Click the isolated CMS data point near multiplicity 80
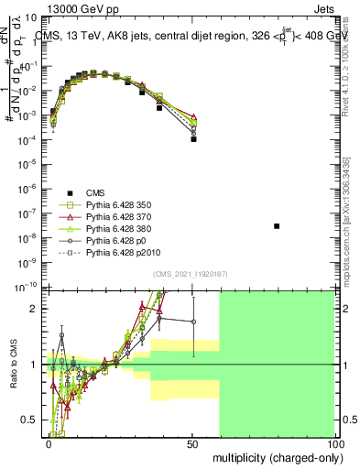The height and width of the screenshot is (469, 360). click(x=277, y=225)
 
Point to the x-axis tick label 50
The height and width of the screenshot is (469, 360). click(x=191, y=442)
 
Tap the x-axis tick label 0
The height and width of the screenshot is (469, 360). click(x=49, y=442)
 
